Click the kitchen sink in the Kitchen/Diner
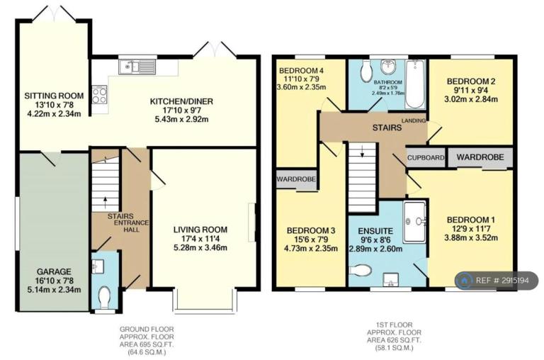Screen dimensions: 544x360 137,67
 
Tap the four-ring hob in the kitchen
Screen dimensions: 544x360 100,95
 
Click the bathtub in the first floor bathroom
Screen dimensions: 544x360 415,84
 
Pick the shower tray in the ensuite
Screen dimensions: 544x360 414,223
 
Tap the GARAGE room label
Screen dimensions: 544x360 54,272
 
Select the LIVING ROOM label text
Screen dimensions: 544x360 200,230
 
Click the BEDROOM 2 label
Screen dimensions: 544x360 471,81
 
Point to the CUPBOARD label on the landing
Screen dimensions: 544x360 426,157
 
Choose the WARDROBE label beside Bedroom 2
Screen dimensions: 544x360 480,157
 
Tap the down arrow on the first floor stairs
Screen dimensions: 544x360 362,152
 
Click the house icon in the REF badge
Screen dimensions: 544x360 463,280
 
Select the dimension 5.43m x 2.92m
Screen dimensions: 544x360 181,120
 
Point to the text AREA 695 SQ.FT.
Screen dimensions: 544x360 147,344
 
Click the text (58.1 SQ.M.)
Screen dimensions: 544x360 390,348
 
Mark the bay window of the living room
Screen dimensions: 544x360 205,299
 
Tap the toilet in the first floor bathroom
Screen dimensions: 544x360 365,72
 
